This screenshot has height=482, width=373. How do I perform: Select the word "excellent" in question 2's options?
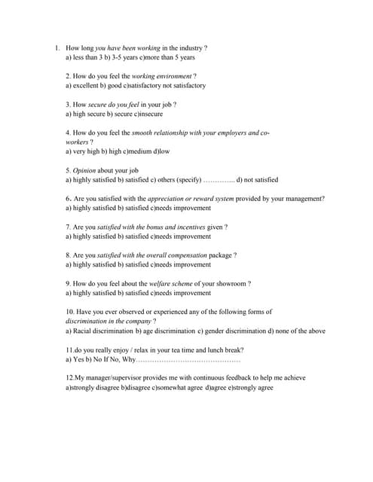pyautogui.click(x=87, y=86)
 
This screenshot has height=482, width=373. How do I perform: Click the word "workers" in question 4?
pyautogui.click(x=77, y=142)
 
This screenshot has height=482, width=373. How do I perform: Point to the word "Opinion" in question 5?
pyautogui.click(x=84, y=170)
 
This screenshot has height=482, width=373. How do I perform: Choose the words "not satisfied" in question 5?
pyautogui.click(x=261, y=180)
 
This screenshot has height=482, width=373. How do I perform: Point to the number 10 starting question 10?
pyautogui.click(x=69, y=312)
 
